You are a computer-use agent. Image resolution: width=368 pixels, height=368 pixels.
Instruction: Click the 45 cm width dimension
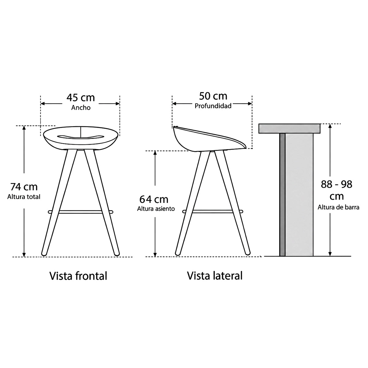click(81, 98)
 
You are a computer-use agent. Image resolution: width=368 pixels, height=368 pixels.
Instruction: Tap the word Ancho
click(81, 108)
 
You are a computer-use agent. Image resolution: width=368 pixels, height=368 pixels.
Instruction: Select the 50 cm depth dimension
click(213, 96)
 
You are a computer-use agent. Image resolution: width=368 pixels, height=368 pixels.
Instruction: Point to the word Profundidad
click(213, 106)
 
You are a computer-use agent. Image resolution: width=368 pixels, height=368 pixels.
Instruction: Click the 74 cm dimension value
click(24, 187)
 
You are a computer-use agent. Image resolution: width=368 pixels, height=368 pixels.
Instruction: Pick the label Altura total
click(24, 197)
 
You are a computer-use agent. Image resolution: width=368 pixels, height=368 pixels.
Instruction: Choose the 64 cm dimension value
click(154, 199)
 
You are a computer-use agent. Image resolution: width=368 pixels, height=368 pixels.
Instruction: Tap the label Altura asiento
click(156, 209)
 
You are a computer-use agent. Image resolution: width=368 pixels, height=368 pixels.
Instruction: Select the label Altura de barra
click(338, 207)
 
